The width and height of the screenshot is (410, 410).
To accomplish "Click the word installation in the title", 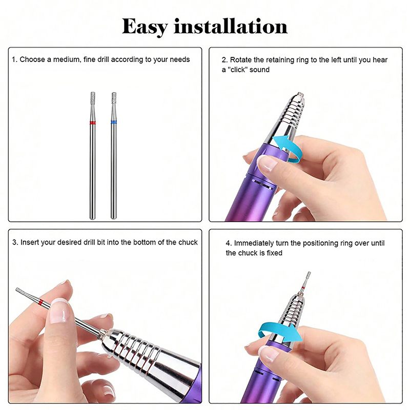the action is (x=231, y=26).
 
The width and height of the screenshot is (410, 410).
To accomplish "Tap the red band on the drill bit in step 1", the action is (x=93, y=122).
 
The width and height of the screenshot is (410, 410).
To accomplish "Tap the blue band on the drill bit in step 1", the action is (x=114, y=122).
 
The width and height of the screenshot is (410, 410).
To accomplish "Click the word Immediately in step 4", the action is (x=254, y=243).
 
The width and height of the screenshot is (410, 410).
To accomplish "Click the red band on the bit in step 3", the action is (x=40, y=303).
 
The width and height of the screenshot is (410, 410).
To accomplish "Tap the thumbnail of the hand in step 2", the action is (x=267, y=163).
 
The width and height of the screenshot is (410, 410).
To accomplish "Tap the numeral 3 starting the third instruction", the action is (x=14, y=242).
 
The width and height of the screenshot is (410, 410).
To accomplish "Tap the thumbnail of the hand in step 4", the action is (x=269, y=354).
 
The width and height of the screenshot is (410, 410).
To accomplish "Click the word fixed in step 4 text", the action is (x=275, y=253).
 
